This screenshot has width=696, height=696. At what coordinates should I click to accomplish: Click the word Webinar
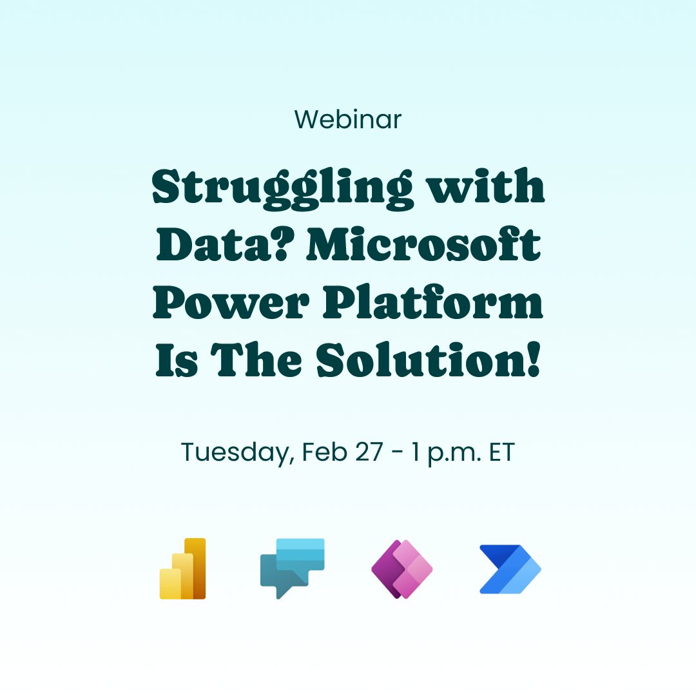click(348, 119)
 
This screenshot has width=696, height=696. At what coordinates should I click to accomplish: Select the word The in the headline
click(258, 362)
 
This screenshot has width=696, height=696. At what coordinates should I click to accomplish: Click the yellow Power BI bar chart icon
click(182, 568)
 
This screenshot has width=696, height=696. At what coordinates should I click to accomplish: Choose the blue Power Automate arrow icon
click(510, 568)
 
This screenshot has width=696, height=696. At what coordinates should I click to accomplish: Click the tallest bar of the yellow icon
click(195, 567)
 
